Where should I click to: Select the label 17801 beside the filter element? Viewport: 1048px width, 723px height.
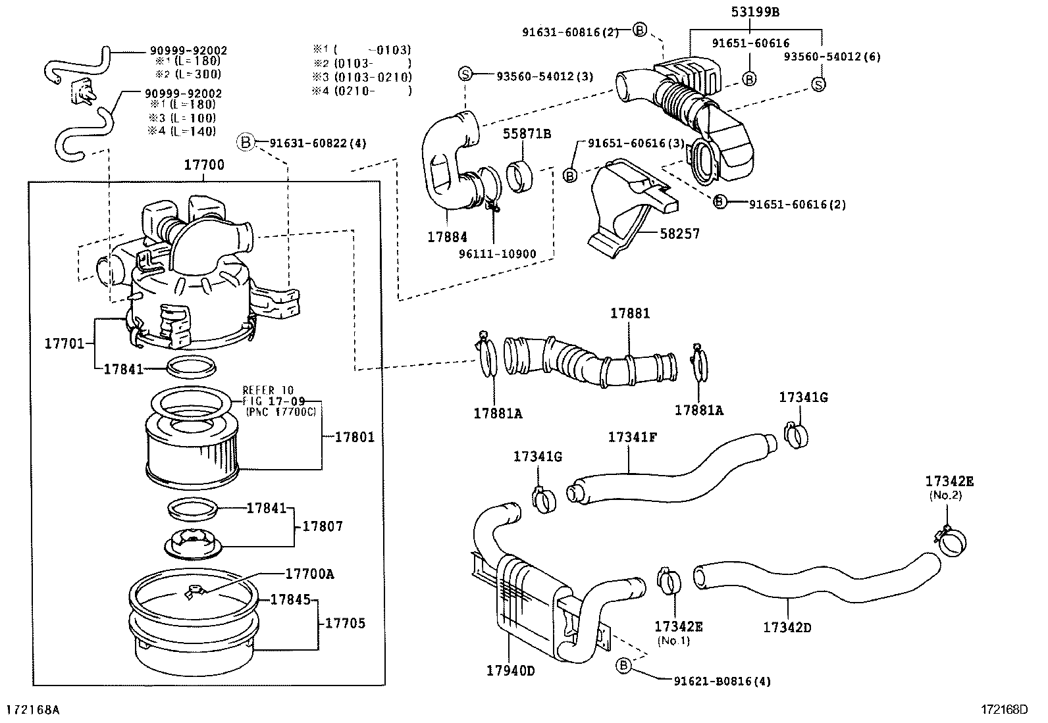coord(354,437)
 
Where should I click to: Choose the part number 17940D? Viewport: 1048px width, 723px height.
coord(511,670)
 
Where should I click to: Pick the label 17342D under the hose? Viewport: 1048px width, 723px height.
coord(787,628)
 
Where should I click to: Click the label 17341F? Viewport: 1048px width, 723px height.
coord(632,437)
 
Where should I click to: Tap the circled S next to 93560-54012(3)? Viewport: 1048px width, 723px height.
coord(465,74)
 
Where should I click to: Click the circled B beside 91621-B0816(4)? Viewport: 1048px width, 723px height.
coord(623,666)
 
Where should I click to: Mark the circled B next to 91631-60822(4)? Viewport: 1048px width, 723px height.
coord(246,141)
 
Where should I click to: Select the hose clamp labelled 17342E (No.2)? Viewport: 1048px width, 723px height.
coord(951,542)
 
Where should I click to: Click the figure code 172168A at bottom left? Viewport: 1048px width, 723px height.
coord(33,710)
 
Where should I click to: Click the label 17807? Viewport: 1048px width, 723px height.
coord(323,526)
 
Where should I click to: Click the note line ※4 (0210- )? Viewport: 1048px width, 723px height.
coord(361,91)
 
